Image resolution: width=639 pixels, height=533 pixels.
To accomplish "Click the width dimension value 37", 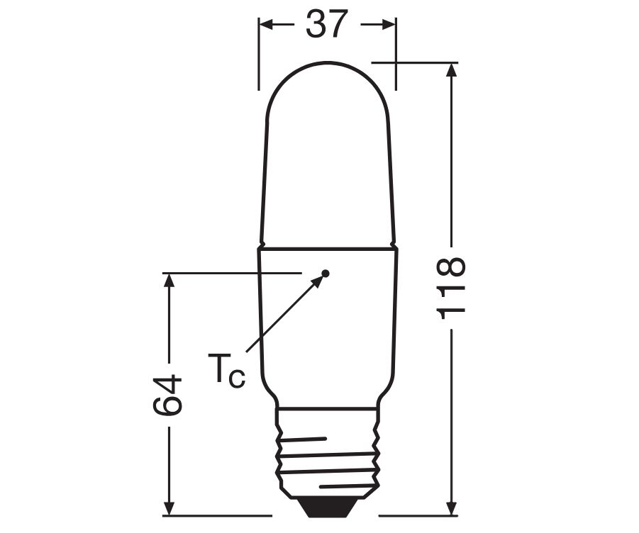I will click(x=327, y=25).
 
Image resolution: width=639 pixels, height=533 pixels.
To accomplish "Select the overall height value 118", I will click(x=450, y=288).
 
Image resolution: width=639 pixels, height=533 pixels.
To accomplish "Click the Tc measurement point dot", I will click(x=326, y=273).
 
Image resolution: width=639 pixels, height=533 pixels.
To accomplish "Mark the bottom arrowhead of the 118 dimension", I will click(x=450, y=507).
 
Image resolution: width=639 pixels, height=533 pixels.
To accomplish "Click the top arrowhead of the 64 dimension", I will click(x=168, y=281).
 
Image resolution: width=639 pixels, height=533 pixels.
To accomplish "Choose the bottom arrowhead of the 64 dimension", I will click(x=168, y=507).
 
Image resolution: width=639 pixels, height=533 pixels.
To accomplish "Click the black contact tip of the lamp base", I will click(x=326, y=506).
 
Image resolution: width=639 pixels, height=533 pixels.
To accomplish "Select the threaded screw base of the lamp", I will click(x=327, y=454).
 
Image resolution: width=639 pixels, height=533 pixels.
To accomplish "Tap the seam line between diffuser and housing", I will click(x=327, y=248).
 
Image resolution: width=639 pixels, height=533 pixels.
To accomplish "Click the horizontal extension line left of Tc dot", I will click(x=234, y=272).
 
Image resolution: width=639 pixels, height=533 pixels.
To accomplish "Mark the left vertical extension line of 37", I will click(x=259, y=57).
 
